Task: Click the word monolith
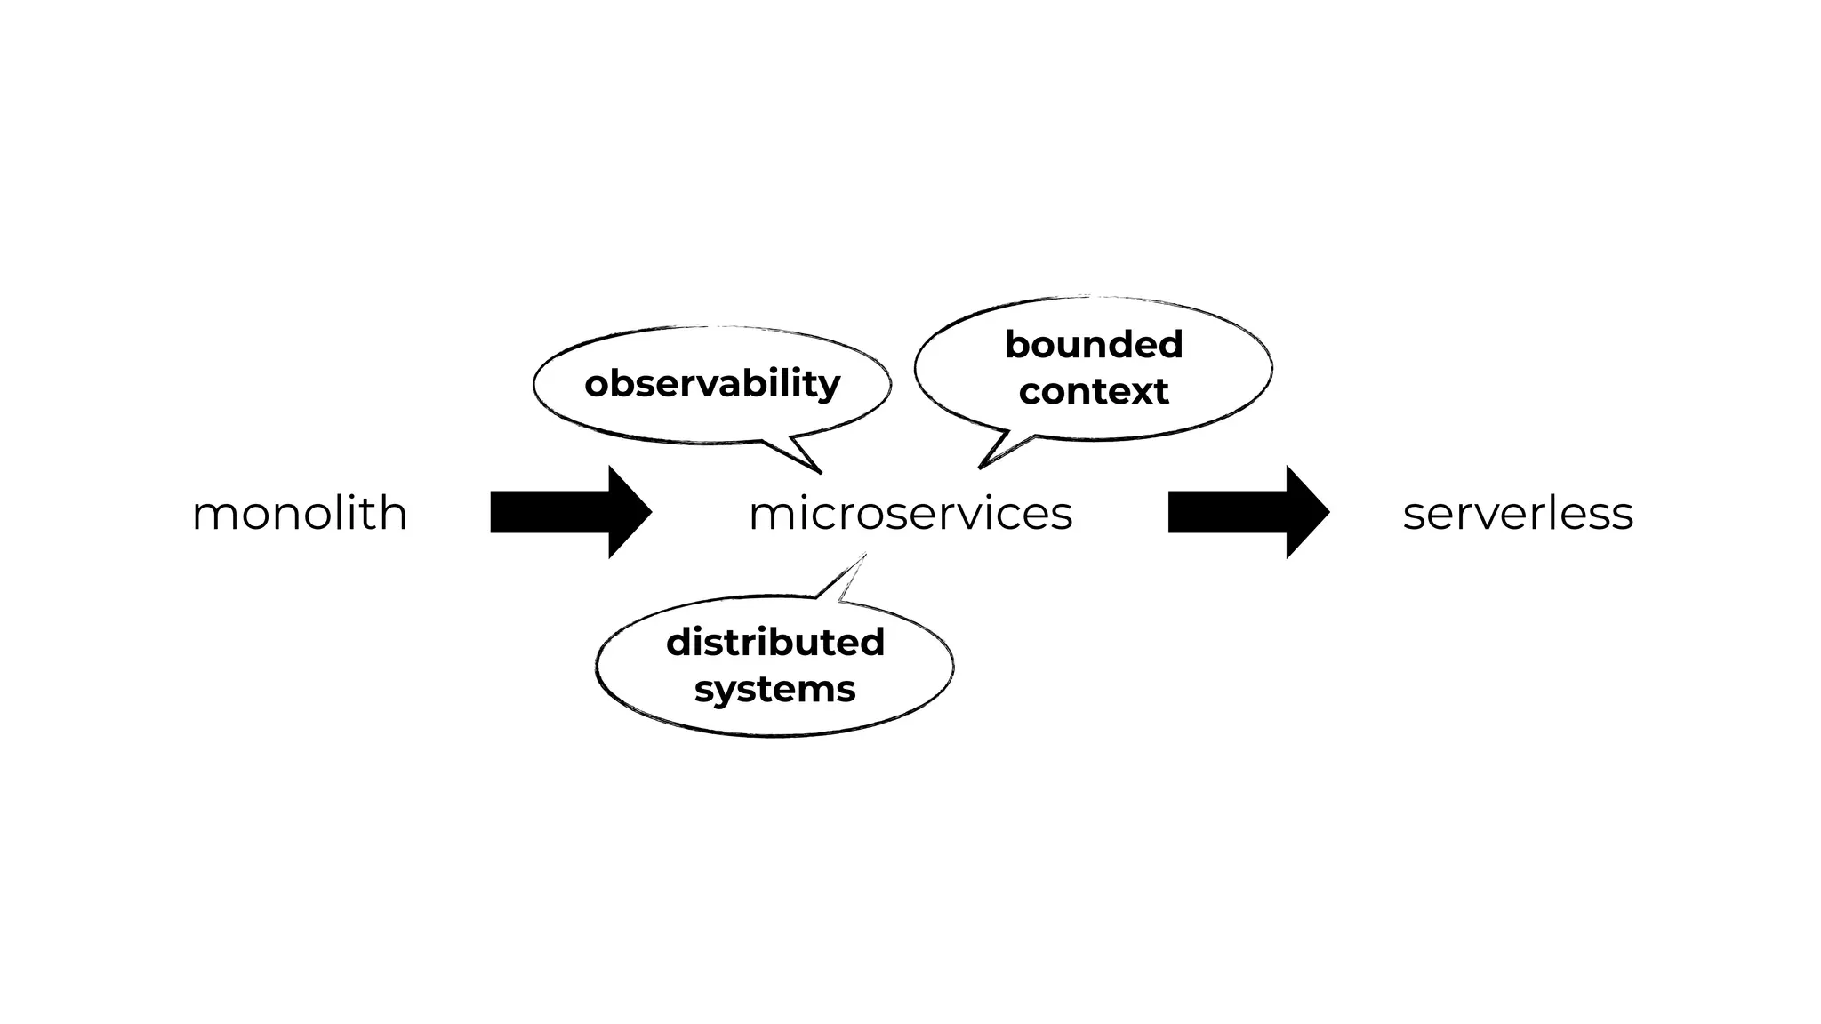point(300,514)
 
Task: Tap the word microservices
point(910,514)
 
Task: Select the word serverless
point(1518,514)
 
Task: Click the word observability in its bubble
point(711,384)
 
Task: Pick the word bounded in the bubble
point(1094,344)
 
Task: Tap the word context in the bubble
point(1094,391)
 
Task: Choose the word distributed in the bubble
point(774,642)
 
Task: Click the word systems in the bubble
point(774,689)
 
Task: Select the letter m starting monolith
point(211,516)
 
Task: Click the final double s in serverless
point(1611,516)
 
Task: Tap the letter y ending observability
point(829,388)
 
